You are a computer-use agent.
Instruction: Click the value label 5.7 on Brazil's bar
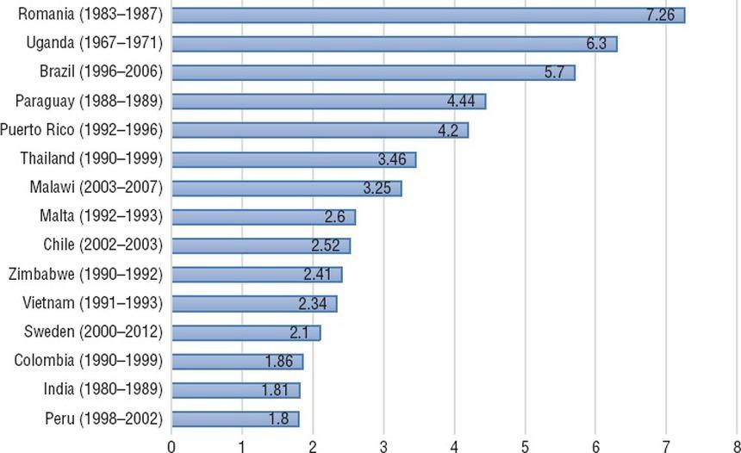click(x=554, y=73)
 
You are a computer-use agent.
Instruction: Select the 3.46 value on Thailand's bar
click(x=395, y=159)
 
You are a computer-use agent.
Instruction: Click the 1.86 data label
click(x=282, y=362)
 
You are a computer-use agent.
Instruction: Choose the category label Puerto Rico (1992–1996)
click(x=82, y=130)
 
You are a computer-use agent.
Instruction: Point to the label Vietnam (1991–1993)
click(x=89, y=303)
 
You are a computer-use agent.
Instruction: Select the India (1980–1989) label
click(x=102, y=390)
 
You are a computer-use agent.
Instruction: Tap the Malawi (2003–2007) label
click(x=91, y=188)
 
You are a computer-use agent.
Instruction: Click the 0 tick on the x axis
click(x=171, y=444)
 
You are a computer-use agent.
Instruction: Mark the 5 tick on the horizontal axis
click(x=525, y=444)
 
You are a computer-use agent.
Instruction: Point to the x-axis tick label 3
click(x=383, y=444)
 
